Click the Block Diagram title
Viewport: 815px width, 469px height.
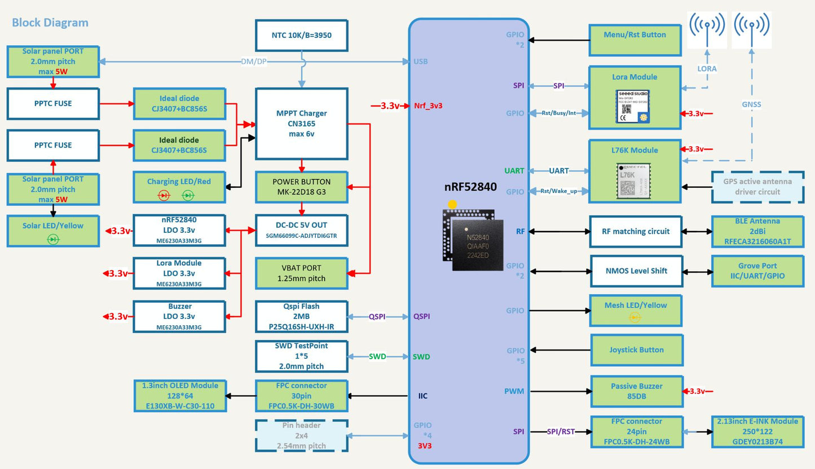[x=50, y=23]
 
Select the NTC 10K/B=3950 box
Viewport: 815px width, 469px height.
[x=301, y=35]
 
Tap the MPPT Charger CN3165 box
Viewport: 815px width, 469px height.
[x=301, y=123]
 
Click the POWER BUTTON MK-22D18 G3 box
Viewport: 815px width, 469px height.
[x=301, y=187]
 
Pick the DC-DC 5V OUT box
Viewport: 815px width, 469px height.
[x=301, y=230]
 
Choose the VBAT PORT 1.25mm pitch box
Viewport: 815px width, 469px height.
[x=301, y=273]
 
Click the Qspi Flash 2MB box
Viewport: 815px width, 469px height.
[x=301, y=317]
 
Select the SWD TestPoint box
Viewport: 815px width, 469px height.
[x=301, y=356]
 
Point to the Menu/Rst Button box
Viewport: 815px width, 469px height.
[x=635, y=39]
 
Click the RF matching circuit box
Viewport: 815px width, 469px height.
[x=635, y=231]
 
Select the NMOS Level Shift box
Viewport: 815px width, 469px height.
[x=636, y=271]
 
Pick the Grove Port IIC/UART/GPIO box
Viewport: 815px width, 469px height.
[x=757, y=271]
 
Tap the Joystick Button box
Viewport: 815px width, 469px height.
[x=636, y=350]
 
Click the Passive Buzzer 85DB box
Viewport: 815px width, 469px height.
[x=636, y=391]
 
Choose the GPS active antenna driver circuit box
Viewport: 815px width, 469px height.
[x=757, y=187]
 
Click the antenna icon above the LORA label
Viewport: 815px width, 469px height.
[x=707, y=28]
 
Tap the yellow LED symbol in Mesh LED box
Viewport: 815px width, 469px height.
[x=635, y=318]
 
